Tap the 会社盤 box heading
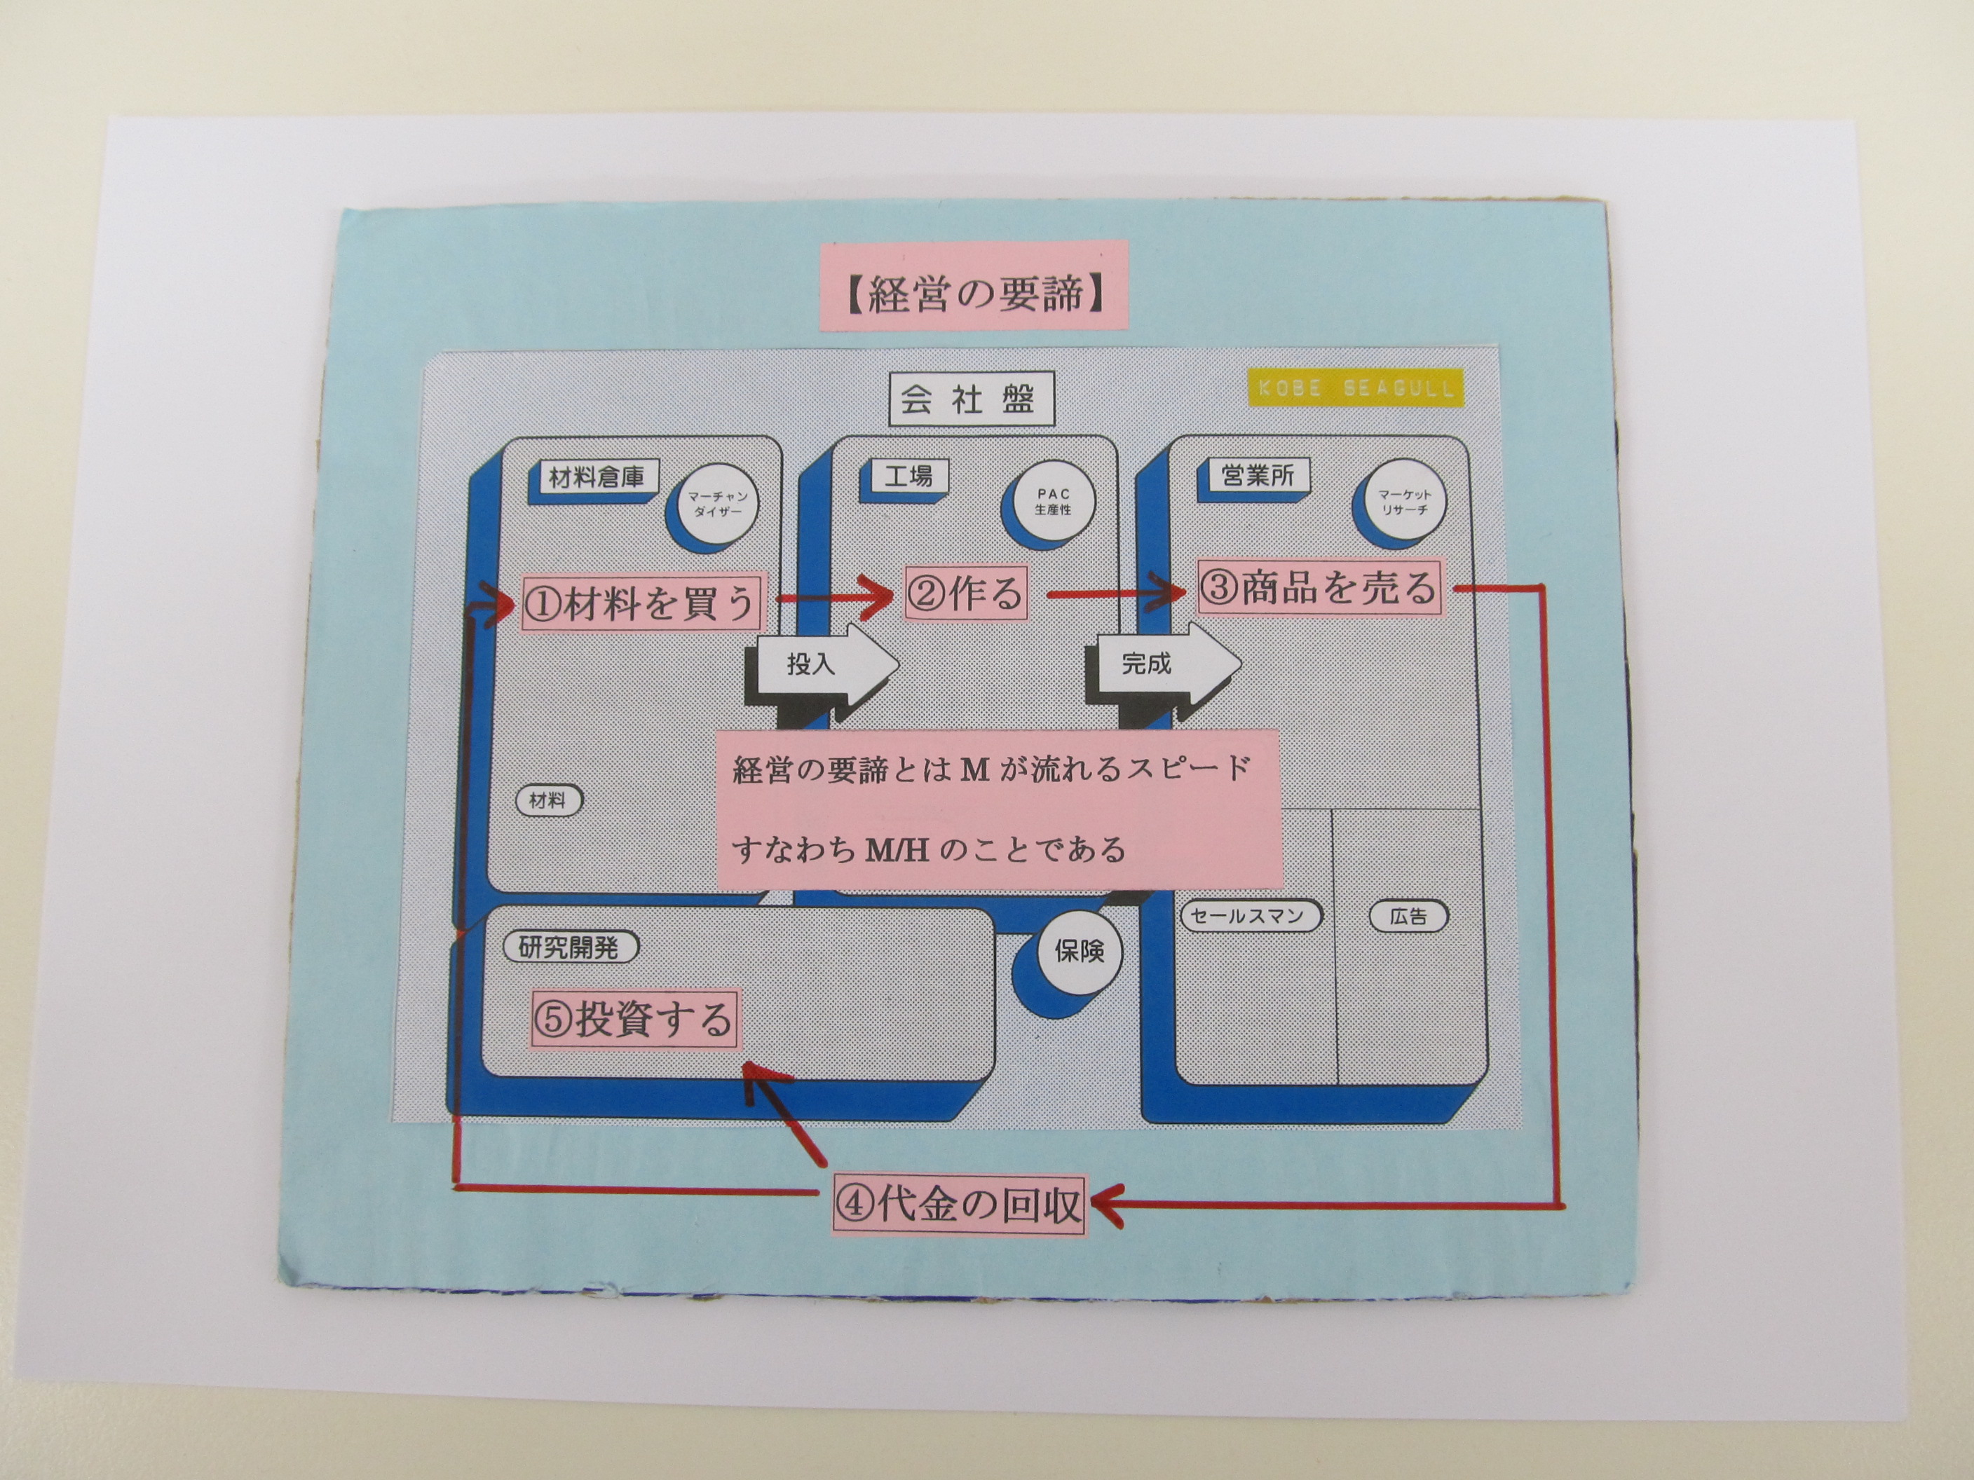click(971, 399)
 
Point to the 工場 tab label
click(908, 477)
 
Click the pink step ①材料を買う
click(641, 602)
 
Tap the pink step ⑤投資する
click(634, 1020)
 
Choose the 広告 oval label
click(1408, 915)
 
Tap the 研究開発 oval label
click(571, 947)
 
